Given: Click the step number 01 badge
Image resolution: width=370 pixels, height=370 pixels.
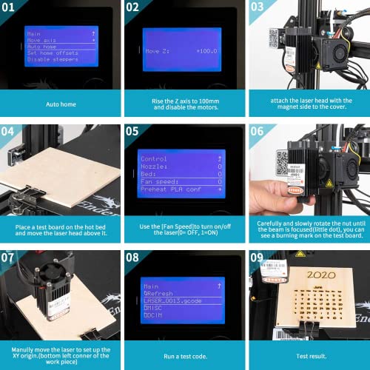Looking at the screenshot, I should (x=13, y=9).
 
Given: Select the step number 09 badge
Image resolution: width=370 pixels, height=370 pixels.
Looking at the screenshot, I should (x=259, y=258).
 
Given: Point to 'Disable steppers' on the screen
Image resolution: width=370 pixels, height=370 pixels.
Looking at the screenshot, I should (x=53, y=59).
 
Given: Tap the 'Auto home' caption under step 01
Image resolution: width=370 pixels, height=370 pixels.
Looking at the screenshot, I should (x=60, y=104).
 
